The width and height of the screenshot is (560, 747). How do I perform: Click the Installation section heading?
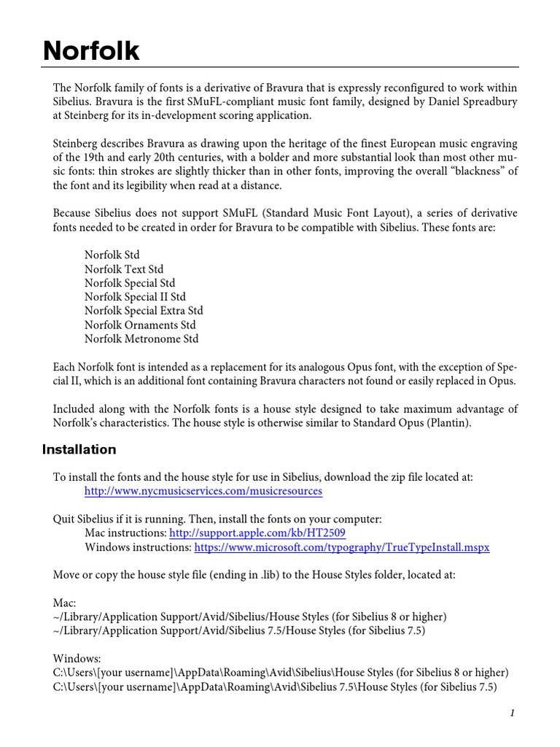click(79, 449)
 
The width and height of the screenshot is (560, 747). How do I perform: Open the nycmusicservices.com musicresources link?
click(203, 491)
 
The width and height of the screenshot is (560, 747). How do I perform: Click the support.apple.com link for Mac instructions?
click(257, 533)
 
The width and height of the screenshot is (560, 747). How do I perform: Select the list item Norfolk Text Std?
click(124, 269)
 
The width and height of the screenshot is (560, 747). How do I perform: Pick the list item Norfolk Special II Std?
click(135, 297)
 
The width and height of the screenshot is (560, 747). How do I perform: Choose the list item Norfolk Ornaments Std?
click(140, 325)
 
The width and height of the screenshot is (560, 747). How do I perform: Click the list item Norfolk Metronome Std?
click(141, 338)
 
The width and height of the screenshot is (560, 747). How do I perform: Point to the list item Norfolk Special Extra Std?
click(144, 311)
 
